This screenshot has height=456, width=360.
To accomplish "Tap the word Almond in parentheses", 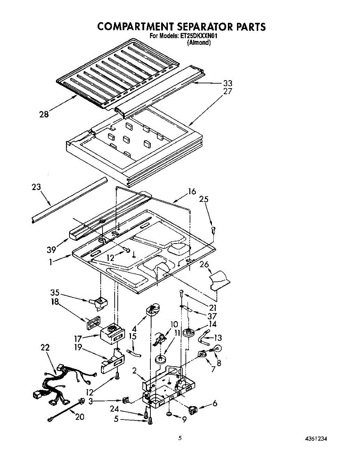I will tap(199, 43).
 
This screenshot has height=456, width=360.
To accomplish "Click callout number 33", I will tap(227, 83).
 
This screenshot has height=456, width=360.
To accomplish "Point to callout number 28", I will tap(44, 114).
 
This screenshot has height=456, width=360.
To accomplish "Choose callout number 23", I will tap(36, 187).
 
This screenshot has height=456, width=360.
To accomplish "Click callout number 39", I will tap(52, 250).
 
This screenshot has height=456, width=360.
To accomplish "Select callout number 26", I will tap(204, 264).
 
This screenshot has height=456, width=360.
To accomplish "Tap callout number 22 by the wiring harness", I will tap(44, 348).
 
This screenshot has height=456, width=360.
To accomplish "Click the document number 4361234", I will tap(316, 439).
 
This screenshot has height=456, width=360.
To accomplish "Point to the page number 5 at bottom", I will tap(180, 438).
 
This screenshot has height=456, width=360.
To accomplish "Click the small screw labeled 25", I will tap(214, 229).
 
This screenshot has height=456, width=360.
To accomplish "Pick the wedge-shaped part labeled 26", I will tap(219, 279).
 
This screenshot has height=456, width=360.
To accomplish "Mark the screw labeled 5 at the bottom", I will tap(150, 421).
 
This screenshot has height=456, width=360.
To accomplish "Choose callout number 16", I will tap(192, 192).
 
